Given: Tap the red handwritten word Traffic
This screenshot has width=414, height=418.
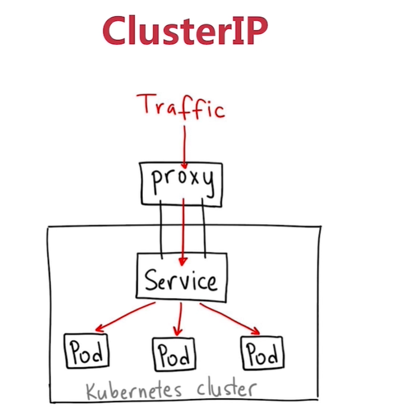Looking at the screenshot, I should (x=180, y=106).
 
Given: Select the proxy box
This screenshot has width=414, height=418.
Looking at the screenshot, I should (x=181, y=185).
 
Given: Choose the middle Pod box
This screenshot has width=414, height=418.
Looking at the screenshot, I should (x=174, y=354).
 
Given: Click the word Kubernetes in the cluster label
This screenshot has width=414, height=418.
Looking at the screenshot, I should (x=131, y=391).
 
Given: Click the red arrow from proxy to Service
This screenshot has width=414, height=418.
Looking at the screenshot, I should (x=184, y=231).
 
